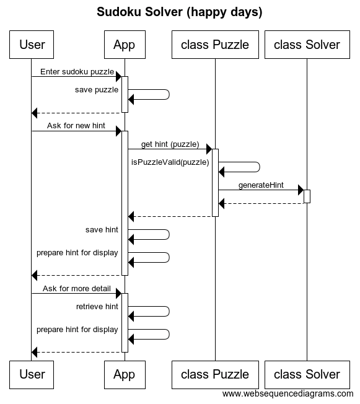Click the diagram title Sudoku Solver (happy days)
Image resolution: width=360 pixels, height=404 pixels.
pos(180,12)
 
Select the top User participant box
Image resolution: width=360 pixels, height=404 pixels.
pos(32,45)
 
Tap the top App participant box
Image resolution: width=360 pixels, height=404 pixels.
pos(124,45)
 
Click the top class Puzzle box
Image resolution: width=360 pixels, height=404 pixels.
pos(214,45)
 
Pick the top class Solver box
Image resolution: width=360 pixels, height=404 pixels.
pos(307,45)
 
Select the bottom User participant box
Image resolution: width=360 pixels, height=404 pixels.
pos(32,374)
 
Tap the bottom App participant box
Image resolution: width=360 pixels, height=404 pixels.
pos(124,374)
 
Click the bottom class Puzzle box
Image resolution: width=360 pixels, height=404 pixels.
pos(214,374)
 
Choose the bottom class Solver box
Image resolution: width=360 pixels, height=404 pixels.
pos(307,374)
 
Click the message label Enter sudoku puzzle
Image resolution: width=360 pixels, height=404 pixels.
pos(77,71)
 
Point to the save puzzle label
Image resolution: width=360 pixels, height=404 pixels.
pos(97,89)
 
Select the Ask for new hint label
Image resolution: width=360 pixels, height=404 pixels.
pos(76,126)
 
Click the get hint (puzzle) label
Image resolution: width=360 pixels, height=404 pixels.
pos(170,144)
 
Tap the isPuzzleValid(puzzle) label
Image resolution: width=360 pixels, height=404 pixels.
pos(170,162)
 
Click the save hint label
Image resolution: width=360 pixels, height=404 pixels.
pos(102,230)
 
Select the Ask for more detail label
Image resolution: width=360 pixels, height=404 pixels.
pos(77,289)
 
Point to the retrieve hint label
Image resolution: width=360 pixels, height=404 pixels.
pos(97,307)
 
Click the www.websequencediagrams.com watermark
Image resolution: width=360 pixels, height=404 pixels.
pos(288,393)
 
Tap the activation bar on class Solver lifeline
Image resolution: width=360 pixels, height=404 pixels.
pos(307,196)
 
